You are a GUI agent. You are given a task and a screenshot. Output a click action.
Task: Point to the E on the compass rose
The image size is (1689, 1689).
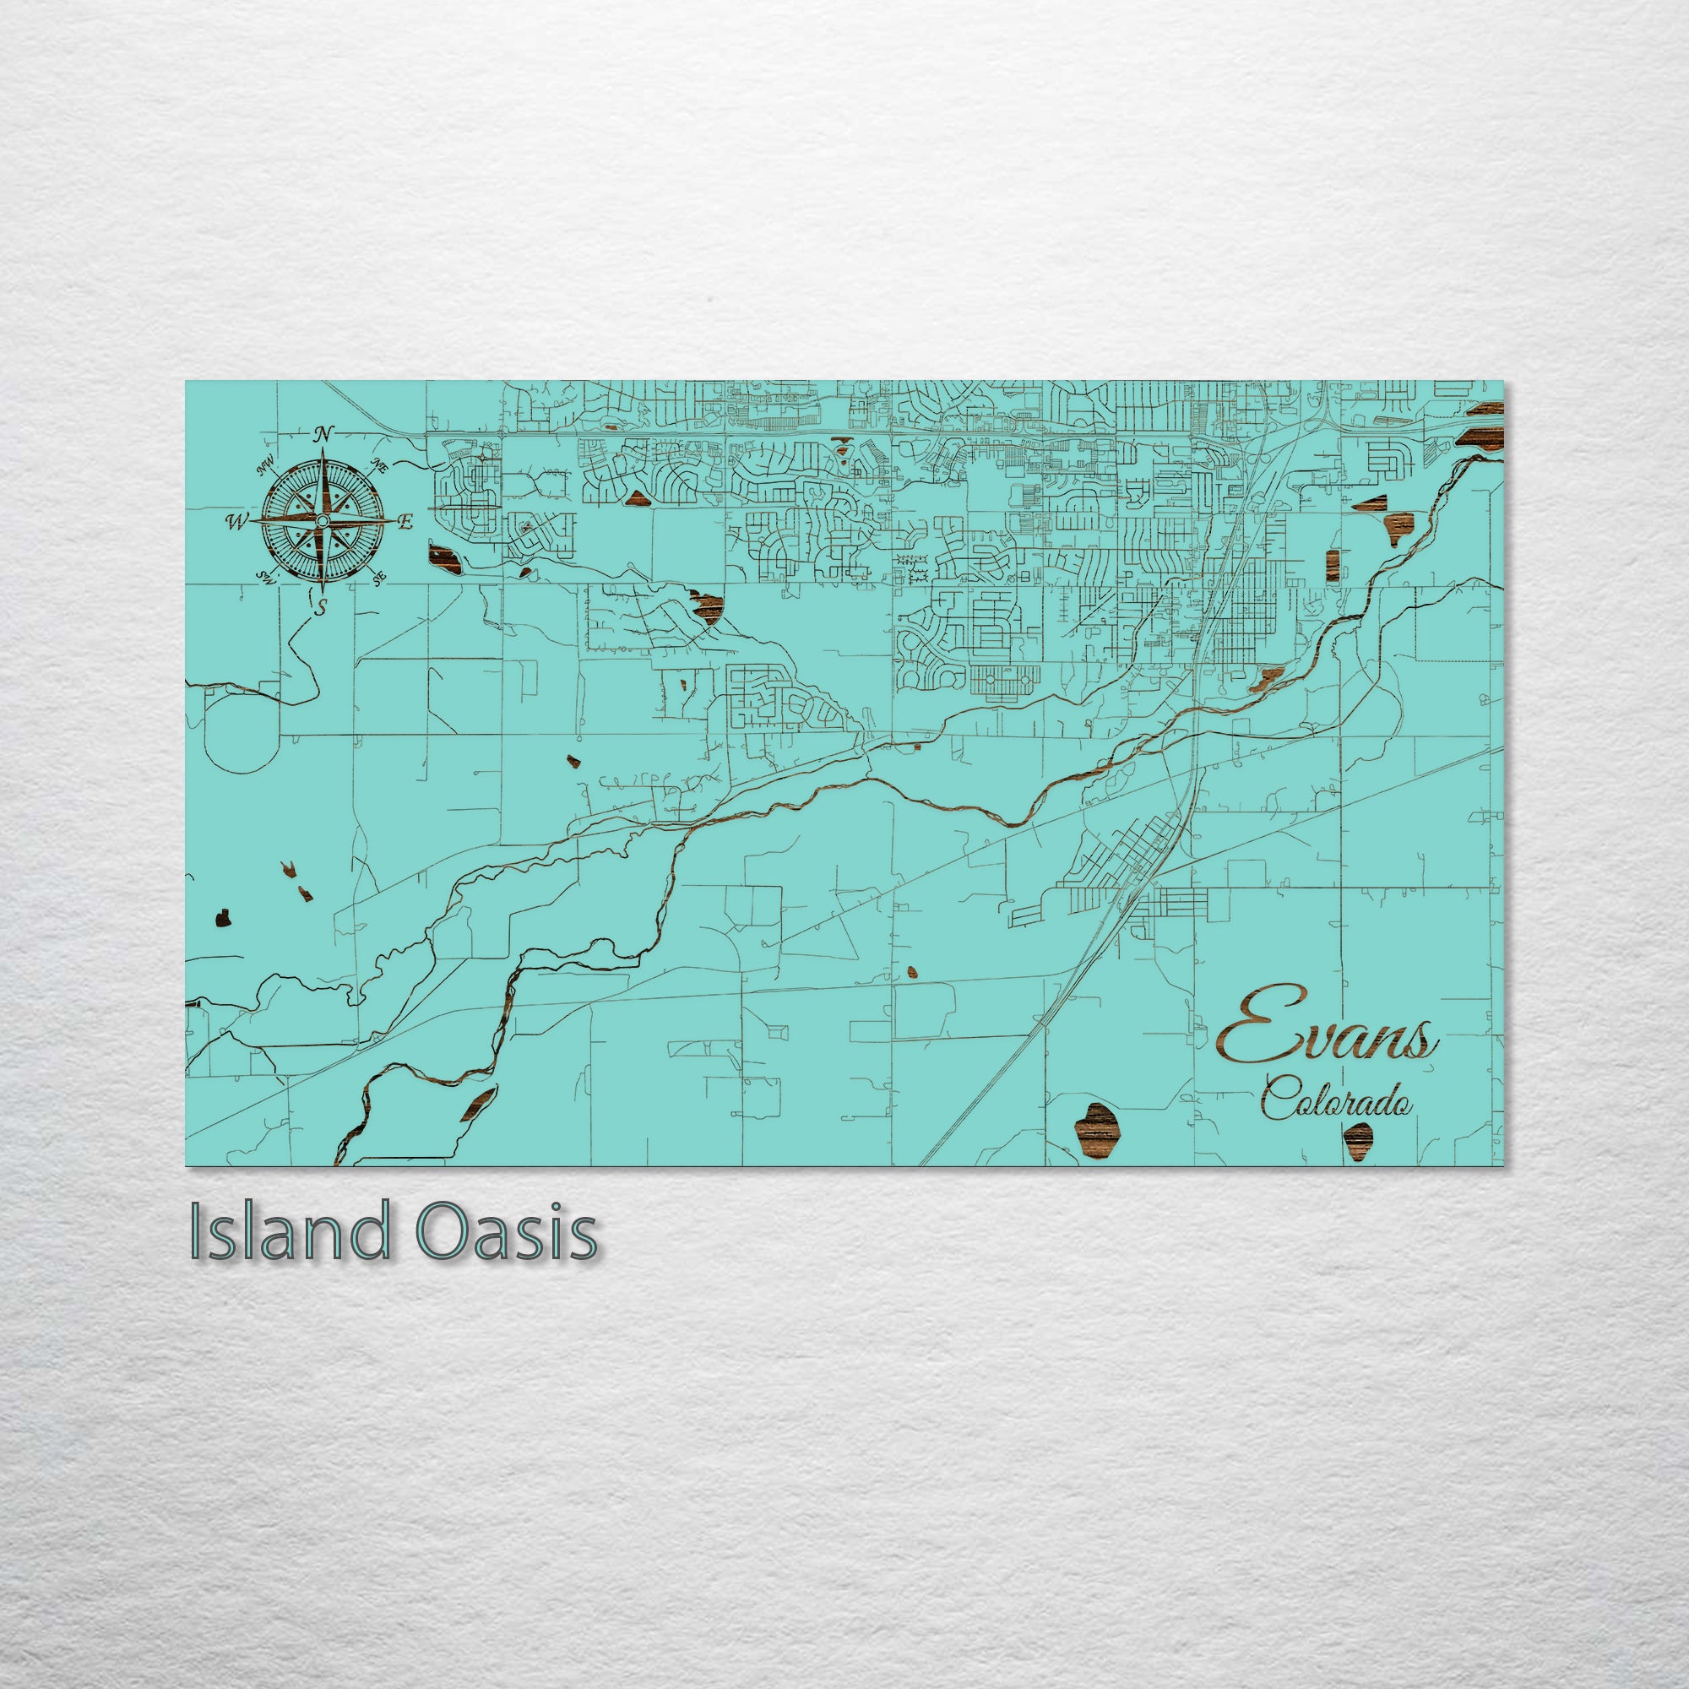405,523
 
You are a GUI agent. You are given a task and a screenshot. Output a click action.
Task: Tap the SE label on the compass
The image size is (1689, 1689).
378,578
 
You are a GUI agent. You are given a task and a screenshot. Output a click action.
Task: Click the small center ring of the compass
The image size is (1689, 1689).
322,521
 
